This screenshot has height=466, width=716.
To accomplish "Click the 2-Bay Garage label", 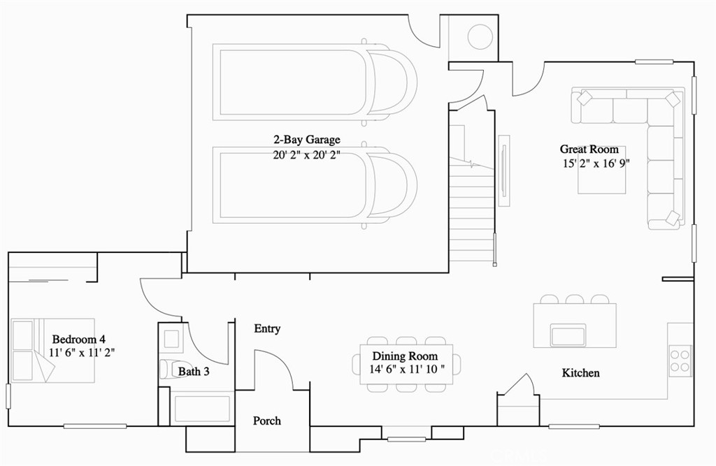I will (307, 140).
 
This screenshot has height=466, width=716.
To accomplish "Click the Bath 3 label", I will (194, 372).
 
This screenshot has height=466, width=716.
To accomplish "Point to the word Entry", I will (267, 328).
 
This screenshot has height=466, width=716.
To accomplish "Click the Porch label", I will (267, 421).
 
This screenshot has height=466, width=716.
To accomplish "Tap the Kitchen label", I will (580, 373).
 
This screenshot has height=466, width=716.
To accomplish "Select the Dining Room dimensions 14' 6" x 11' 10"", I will (406, 369).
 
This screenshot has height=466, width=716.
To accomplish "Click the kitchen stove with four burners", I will (680, 360).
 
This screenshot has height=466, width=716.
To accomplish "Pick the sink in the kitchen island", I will (568, 335).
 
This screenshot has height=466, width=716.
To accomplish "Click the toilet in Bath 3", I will (168, 369).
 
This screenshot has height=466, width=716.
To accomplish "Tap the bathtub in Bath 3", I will (201, 409).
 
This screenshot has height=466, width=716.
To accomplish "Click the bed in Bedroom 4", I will (53, 351).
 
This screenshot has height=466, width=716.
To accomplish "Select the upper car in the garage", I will (314, 82).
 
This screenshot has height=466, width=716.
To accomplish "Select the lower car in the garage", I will (314, 184).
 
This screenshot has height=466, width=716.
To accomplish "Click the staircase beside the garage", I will (471, 210).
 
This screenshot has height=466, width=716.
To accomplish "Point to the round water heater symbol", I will (480, 37).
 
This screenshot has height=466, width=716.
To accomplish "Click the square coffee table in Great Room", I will (601, 170).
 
